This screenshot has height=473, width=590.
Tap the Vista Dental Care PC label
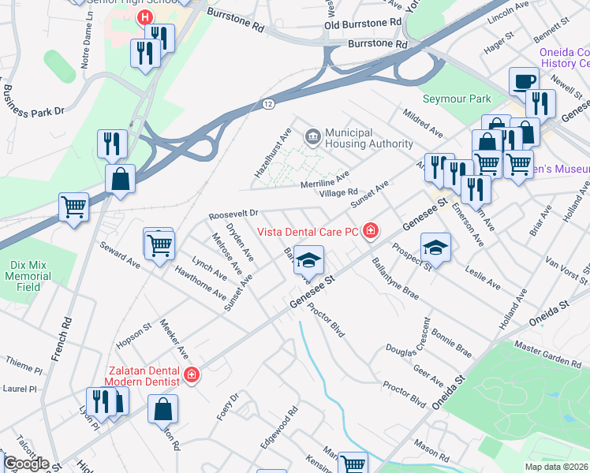(x=310, y=232)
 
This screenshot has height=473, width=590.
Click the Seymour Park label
(x=457, y=99)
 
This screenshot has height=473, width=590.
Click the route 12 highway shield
(x=268, y=103)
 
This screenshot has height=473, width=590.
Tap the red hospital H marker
(x=145, y=17)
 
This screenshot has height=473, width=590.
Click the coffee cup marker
(x=524, y=81)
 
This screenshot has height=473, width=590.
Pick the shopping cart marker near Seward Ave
(x=160, y=245)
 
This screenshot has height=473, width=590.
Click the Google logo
(x=27, y=464)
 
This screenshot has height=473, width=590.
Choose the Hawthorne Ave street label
(x=200, y=282)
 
